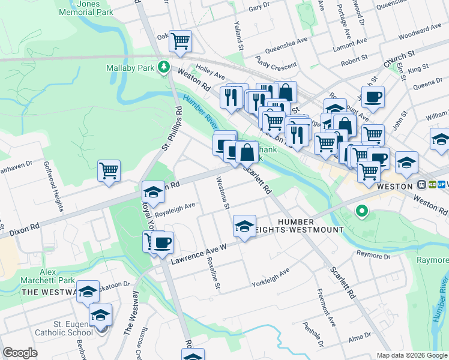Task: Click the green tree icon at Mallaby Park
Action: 163,67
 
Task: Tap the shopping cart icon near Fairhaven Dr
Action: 109,170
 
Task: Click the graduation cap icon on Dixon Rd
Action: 153,192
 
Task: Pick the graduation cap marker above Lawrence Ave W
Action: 244,226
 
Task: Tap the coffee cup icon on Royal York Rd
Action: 162,242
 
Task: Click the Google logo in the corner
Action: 20,353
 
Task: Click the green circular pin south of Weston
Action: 361,211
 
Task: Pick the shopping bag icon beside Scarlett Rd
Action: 247,152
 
